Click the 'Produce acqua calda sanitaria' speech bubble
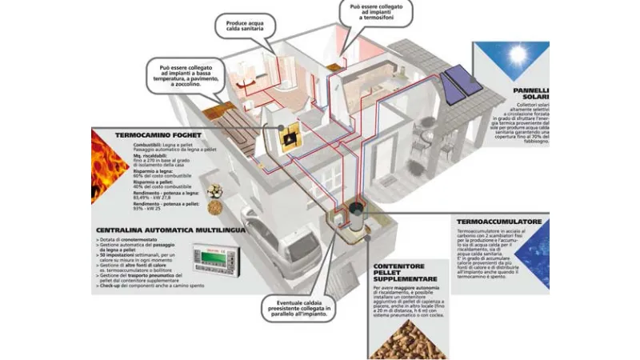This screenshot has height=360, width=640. tap(245, 27)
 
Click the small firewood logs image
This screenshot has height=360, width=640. tap(215, 190)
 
